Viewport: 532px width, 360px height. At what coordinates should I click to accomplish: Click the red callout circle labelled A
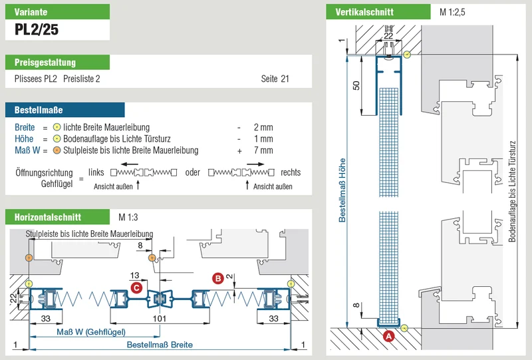click(388, 336)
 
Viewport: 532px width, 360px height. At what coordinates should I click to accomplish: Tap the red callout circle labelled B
click(217, 279)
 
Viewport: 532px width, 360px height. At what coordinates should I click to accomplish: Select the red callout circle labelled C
click(136, 288)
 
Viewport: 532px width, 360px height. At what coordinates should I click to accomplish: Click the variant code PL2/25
click(37, 29)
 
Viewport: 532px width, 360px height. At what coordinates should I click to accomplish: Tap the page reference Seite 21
click(275, 79)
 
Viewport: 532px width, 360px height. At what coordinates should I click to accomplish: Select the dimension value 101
click(160, 319)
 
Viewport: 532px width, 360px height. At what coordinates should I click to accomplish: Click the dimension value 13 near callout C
click(135, 275)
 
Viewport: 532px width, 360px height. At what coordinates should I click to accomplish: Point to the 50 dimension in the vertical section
click(356, 85)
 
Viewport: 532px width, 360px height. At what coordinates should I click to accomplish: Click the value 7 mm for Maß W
click(263, 150)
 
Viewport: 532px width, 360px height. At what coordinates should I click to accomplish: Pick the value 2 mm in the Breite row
click(263, 127)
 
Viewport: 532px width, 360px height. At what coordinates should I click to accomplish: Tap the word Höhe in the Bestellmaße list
click(24, 139)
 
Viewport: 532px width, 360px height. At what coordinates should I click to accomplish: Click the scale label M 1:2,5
click(452, 12)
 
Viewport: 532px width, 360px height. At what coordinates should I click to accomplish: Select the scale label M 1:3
click(128, 217)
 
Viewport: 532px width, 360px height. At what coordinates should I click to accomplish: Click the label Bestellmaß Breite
click(160, 345)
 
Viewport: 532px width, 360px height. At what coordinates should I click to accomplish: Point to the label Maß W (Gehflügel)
click(91, 332)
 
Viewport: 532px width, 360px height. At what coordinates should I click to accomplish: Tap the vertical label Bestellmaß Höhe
click(342, 190)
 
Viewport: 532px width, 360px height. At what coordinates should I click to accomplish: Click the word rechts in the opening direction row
click(291, 172)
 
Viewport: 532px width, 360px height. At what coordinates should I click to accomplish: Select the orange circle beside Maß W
click(57, 150)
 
